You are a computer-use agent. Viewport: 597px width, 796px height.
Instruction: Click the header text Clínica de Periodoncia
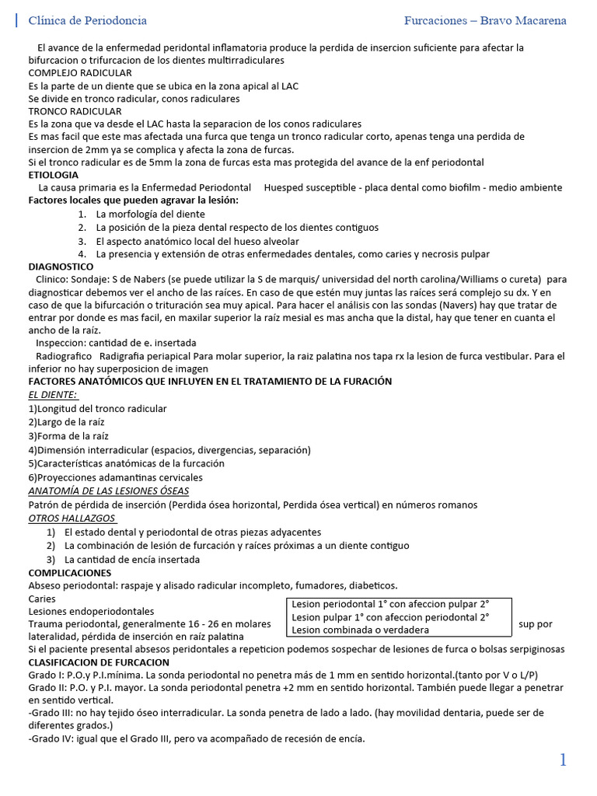(87, 20)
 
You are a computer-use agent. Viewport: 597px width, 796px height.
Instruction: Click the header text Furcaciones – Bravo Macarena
(485, 20)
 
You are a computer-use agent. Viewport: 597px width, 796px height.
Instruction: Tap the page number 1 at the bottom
(563, 760)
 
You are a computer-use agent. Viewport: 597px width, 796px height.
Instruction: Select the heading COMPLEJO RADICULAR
(80, 73)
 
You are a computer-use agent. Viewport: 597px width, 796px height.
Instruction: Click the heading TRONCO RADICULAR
(75, 111)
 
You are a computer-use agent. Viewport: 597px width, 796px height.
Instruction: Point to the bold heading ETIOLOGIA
(54, 175)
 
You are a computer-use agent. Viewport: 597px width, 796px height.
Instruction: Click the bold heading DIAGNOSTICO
(61, 267)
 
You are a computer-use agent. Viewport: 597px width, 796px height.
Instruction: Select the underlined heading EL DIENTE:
(58, 395)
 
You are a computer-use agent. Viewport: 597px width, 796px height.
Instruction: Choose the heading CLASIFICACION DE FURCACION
(99, 662)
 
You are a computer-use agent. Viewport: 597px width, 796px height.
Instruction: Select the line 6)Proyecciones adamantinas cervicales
(115, 477)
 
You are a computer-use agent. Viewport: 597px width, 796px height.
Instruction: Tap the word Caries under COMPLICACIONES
(42, 599)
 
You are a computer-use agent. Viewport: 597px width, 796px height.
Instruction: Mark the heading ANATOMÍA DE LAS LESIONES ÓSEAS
(108, 491)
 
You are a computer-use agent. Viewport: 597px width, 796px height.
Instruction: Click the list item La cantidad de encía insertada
(132, 559)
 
